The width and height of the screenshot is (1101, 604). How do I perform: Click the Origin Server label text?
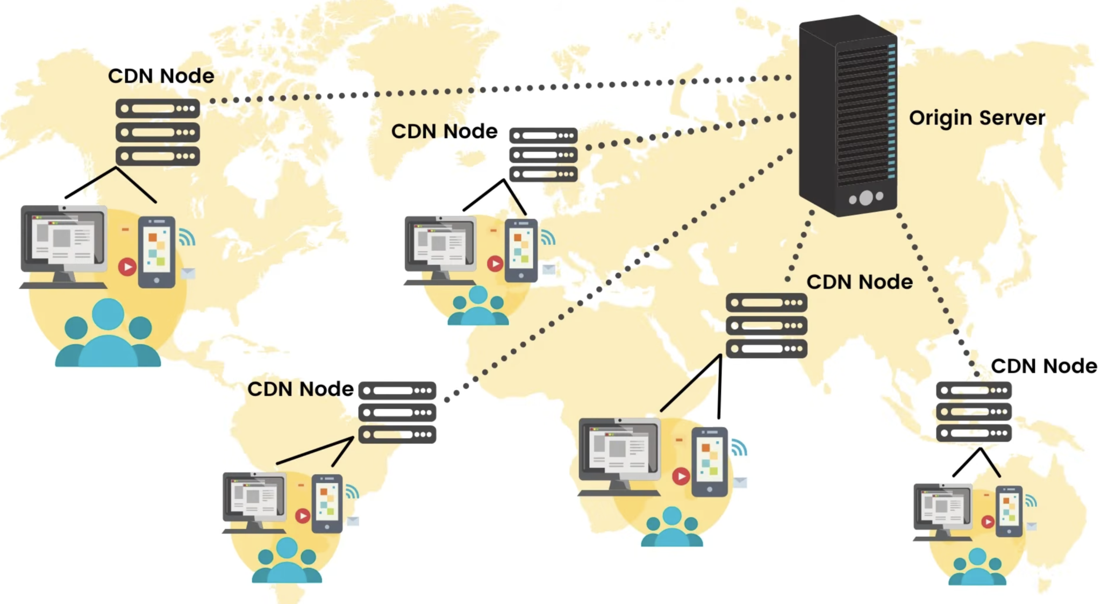(x=977, y=118)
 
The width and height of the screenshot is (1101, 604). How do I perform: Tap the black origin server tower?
(x=847, y=116)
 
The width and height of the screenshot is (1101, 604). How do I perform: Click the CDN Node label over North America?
(x=161, y=76)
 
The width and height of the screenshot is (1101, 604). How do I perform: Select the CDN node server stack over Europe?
(x=543, y=155)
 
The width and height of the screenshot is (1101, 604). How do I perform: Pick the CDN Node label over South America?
(x=300, y=389)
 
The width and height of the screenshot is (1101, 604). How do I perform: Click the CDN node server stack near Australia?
(x=974, y=411)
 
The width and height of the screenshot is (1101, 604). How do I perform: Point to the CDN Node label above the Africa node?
(x=860, y=282)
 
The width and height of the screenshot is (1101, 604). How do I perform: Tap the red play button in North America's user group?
(x=127, y=267)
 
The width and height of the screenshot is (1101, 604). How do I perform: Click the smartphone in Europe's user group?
(x=520, y=251)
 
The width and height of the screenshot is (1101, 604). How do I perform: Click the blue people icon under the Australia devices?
(x=977, y=567)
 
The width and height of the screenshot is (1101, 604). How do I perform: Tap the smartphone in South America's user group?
(x=327, y=503)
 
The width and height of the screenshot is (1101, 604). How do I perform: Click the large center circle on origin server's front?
(x=866, y=198)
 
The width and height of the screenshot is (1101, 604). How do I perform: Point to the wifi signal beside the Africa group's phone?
(x=739, y=447)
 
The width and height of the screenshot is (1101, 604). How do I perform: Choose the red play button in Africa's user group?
(x=681, y=476)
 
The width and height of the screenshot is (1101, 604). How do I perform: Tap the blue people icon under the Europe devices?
(x=478, y=306)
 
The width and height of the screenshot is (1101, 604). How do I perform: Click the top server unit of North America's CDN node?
(x=158, y=109)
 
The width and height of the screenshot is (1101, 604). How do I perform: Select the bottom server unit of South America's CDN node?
(x=397, y=435)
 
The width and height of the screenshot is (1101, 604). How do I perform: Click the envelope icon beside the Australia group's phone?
(x=1031, y=527)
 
